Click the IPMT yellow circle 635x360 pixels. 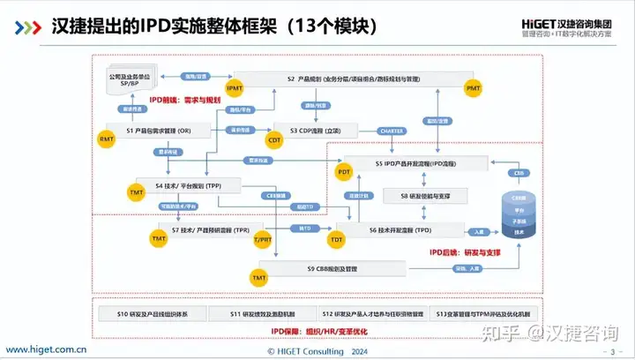pyautogui.click(x=234, y=88)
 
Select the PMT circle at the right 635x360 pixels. pyautogui.click(x=473, y=88)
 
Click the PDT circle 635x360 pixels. pyautogui.click(x=344, y=172)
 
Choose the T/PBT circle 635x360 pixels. pyautogui.click(x=262, y=240)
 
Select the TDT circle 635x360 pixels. pyautogui.click(x=335, y=240)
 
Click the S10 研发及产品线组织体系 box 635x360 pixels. pyautogui.click(x=149, y=313)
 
